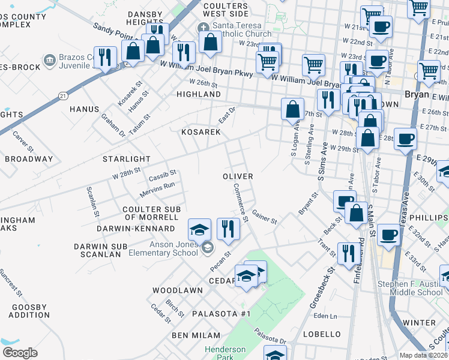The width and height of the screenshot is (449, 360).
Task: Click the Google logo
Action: point(20,353)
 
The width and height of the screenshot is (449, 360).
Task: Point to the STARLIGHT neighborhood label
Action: point(126,159)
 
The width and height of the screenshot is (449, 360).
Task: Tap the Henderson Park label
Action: point(225,353)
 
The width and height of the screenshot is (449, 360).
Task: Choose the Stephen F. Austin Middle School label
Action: point(411,288)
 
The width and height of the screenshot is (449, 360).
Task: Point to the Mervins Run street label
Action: point(157,189)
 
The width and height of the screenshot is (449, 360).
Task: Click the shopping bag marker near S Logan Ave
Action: point(292,109)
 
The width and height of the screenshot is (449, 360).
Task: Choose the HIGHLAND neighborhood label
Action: point(199,95)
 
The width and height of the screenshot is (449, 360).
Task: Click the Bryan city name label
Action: point(417,95)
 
